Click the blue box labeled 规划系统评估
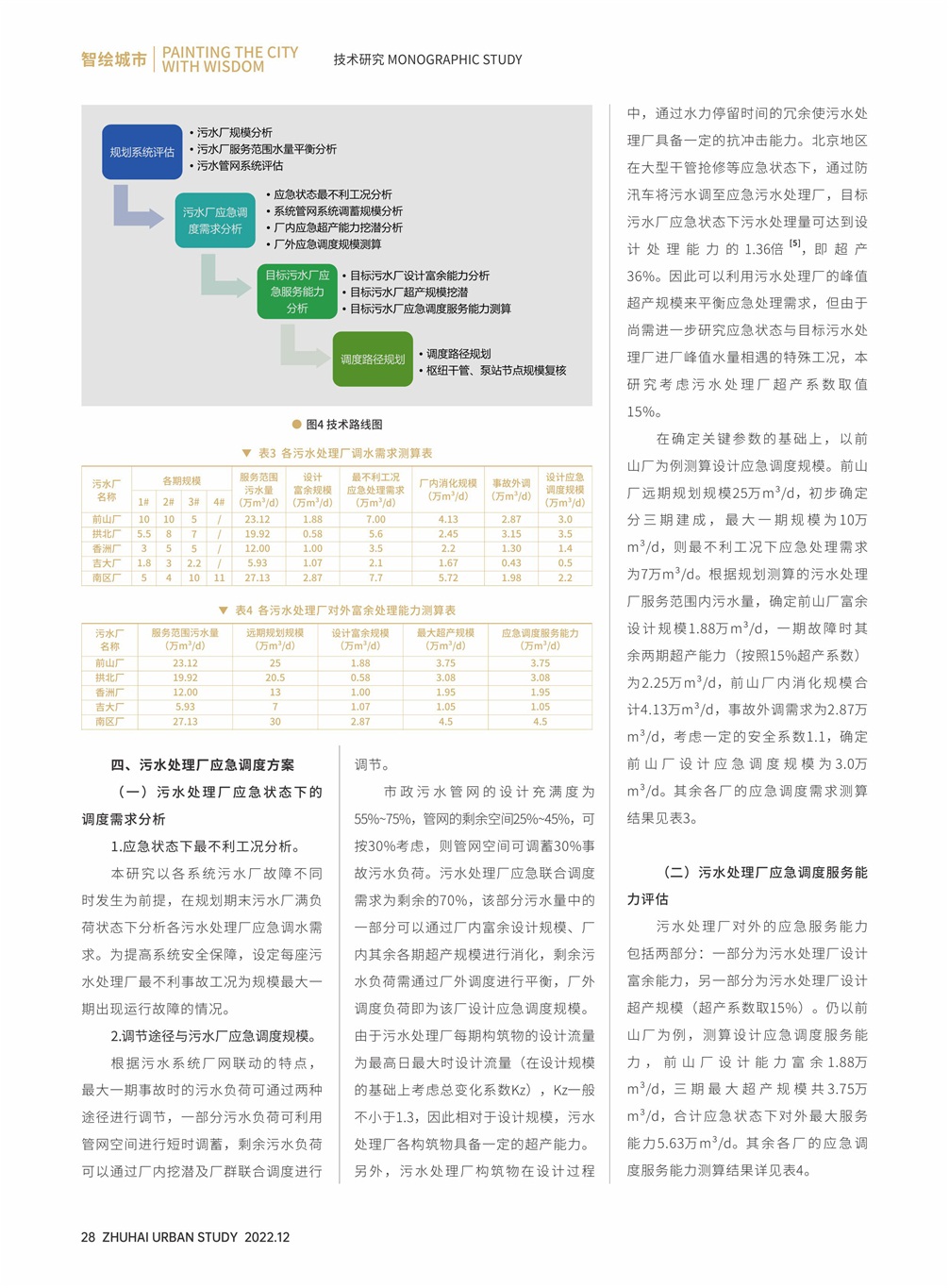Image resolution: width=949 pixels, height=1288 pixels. [142, 152]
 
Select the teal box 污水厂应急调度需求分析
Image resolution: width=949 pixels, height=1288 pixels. [214, 221]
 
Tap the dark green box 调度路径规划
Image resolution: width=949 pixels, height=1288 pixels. [373, 360]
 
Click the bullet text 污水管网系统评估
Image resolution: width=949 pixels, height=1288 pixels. [240, 166]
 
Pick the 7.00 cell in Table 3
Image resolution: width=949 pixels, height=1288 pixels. [375, 519]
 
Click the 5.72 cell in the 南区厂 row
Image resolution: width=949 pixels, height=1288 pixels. [448, 577]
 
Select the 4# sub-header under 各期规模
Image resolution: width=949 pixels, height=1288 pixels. [219, 503]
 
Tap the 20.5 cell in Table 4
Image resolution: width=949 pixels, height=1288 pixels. [275, 677]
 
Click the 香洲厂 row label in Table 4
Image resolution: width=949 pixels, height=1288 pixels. [109, 693]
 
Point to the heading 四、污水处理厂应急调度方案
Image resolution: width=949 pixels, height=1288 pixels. [203, 765]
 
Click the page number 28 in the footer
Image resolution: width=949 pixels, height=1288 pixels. [88, 1237]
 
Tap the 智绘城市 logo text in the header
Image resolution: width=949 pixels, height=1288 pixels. [113, 59]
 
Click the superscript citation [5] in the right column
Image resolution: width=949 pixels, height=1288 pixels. [795, 244]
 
